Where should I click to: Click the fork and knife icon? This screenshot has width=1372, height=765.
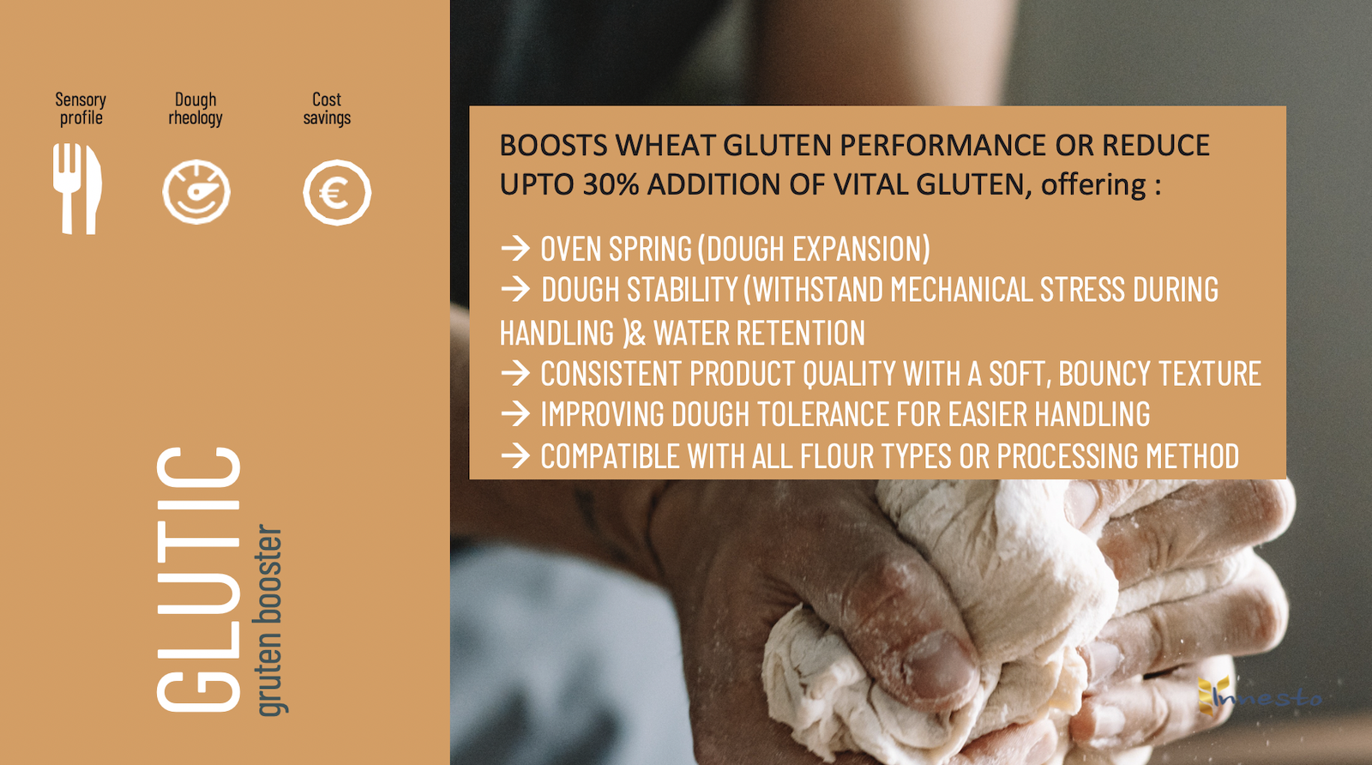(77, 189)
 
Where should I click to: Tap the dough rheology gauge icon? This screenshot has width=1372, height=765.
(196, 192)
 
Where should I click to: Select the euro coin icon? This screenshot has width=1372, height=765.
(337, 192)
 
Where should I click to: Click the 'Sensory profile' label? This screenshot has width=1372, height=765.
(81, 108)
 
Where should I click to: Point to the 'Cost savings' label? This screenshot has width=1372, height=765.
(327, 108)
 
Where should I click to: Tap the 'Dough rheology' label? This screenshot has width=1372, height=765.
(196, 108)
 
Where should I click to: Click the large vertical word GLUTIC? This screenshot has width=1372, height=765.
(198, 580)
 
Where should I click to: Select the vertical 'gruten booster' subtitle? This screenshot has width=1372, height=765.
(270, 620)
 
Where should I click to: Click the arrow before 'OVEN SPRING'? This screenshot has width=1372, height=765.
(515, 248)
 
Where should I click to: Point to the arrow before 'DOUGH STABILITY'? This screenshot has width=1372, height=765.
(515, 289)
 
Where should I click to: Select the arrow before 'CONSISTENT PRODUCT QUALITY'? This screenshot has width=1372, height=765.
(515, 373)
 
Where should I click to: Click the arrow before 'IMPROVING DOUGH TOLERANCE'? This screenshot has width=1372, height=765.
(515, 414)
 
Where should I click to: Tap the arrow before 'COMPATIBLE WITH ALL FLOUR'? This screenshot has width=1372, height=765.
(515, 455)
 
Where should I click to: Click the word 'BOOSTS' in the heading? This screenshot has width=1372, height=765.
(553, 145)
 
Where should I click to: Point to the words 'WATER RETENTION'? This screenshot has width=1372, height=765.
(759, 333)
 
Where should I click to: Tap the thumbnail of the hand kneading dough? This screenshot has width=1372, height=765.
(911, 382)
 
